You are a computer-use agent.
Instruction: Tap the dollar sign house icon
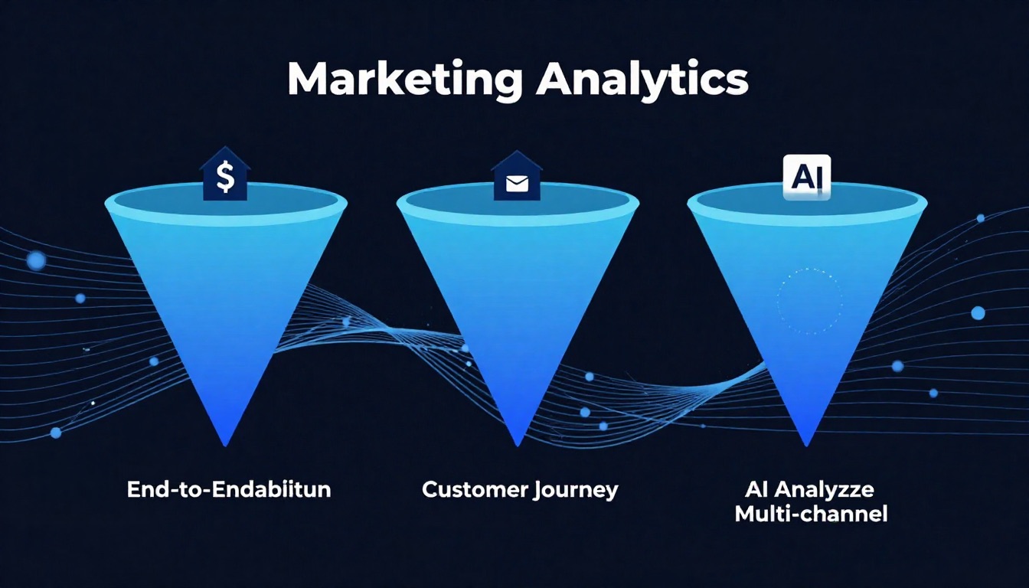point(225,175)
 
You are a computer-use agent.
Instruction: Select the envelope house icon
point(517,177)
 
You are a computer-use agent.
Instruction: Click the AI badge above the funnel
point(806,176)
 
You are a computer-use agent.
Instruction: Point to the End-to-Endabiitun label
point(229,490)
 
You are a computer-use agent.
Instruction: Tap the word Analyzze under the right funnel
point(835,488)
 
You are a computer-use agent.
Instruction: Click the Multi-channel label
point(811,514)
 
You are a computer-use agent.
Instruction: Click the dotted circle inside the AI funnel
point(809,301)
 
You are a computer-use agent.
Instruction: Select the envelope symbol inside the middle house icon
point(517,184)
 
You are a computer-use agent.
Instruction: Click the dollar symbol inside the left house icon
point(225,178)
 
